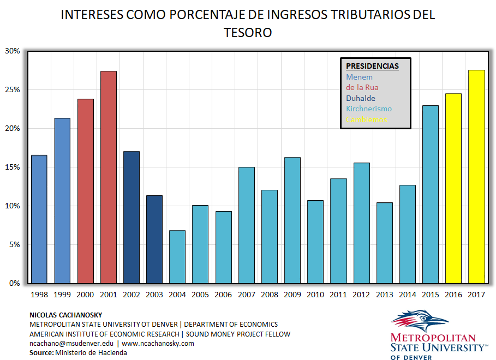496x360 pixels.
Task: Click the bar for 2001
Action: (108, 177)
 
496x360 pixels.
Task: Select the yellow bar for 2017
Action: (476, 177)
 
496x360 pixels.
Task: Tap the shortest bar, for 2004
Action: (177, 257)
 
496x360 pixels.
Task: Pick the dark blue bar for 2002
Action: (132, 218)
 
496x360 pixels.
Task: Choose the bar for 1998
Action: (39, 219)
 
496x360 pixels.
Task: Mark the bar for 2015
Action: (431, 194)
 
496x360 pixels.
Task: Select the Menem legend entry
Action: (359, 77)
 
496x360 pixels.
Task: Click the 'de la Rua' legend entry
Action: (362, 87)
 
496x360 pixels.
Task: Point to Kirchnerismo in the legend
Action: (369, 109)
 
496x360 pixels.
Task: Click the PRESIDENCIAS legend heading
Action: (372, 67)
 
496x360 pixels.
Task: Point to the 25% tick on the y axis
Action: (13, 89)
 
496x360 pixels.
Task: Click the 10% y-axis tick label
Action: (13, 206)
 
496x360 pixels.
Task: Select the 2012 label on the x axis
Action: (362, 295)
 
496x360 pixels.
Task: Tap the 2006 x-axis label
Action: (223, 295)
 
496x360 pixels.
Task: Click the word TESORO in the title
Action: (248, 33)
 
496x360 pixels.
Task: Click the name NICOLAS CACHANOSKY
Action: (65, 315)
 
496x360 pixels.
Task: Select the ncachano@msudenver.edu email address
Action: (71, 344)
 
